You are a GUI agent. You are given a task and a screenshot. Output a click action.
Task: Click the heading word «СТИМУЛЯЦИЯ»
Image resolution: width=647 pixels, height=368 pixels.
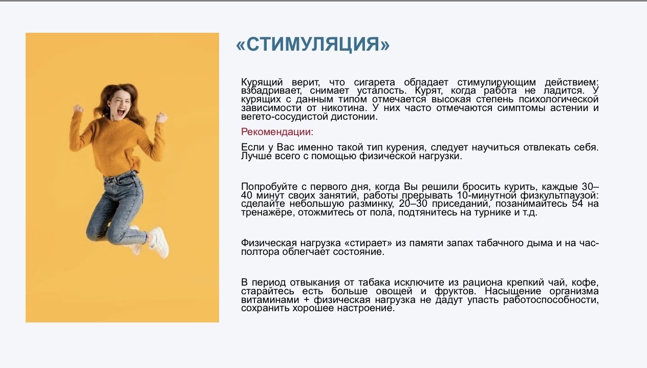coord(313,44)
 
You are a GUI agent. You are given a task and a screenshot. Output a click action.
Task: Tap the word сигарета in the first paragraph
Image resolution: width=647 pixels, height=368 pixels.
coord(374,82)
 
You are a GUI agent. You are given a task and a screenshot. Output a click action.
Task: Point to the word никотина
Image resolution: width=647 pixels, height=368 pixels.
coord(344,108)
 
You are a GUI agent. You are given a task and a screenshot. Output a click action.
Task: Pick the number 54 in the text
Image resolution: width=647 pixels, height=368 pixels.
coord(577,204)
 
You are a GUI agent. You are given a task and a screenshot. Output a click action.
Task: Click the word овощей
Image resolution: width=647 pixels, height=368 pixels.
coord(394,291)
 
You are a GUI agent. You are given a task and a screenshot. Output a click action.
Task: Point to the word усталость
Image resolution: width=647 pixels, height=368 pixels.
coord(381,91)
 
